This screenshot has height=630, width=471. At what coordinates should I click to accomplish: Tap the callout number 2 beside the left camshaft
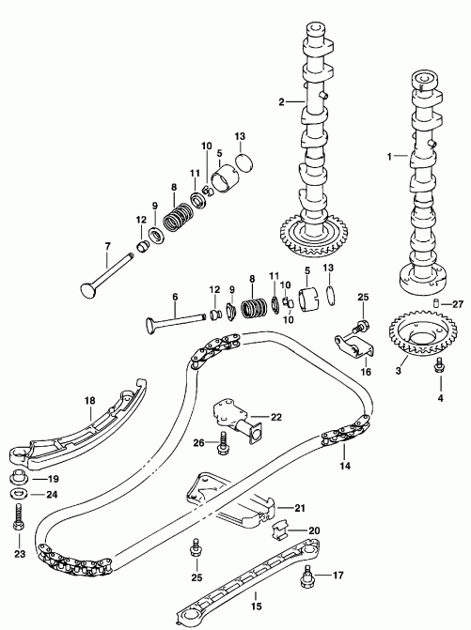pyautogui.click(x=280, y=100)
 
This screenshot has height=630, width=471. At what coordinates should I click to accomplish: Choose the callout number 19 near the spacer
pyautogui.click(x=53, y=478)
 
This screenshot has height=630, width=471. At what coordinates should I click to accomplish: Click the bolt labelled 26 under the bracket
pyautogui.click(x=222, y=444)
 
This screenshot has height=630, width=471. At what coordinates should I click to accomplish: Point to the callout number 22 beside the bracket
pyautogui.click(x=275, y=417)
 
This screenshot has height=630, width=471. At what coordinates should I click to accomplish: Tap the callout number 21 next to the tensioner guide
pyautogui.click(x=300, y=508)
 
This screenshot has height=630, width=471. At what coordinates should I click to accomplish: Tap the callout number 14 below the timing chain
pyautogui.click(x=346, y=466)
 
